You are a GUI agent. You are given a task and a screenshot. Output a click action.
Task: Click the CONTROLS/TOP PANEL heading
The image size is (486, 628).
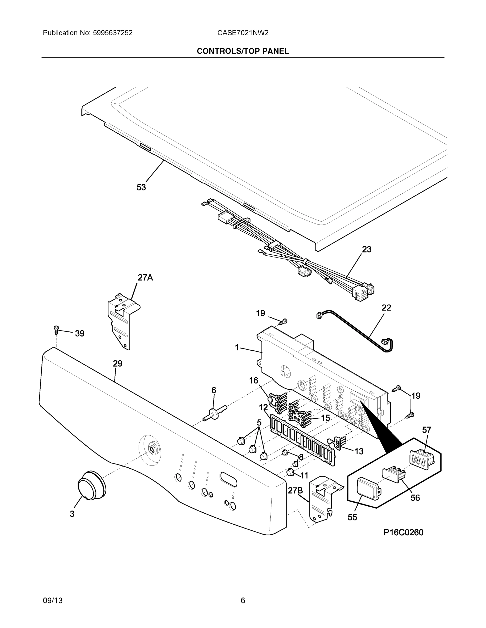tap(243, 51)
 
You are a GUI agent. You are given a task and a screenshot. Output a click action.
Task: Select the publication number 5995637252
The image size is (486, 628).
tap(113, 33)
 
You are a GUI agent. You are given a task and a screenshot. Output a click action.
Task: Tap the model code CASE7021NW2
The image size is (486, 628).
tap(243, 33)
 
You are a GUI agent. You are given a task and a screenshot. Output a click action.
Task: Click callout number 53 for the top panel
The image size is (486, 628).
tap(141, 187)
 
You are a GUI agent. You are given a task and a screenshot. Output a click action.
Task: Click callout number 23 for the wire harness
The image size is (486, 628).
tap(367, 249)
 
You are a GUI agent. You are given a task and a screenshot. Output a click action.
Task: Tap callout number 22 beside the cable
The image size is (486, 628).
tap(386, 308)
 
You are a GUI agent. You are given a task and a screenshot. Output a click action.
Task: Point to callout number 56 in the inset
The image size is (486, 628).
tap(415, 498)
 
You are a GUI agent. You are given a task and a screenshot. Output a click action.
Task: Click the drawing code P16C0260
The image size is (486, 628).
tap(403, 532)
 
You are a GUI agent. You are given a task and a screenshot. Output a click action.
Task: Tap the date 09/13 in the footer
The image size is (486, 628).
tap(52, 601)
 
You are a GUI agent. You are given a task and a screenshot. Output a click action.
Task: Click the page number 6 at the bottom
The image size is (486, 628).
tap(243, 601)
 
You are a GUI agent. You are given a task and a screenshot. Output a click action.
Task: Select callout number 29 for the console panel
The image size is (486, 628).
tap(117, 363)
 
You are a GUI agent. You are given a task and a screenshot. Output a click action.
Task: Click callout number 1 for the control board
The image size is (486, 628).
tap(237, 348)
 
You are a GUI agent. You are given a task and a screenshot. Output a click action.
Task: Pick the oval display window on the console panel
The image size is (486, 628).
tap(228, 479)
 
